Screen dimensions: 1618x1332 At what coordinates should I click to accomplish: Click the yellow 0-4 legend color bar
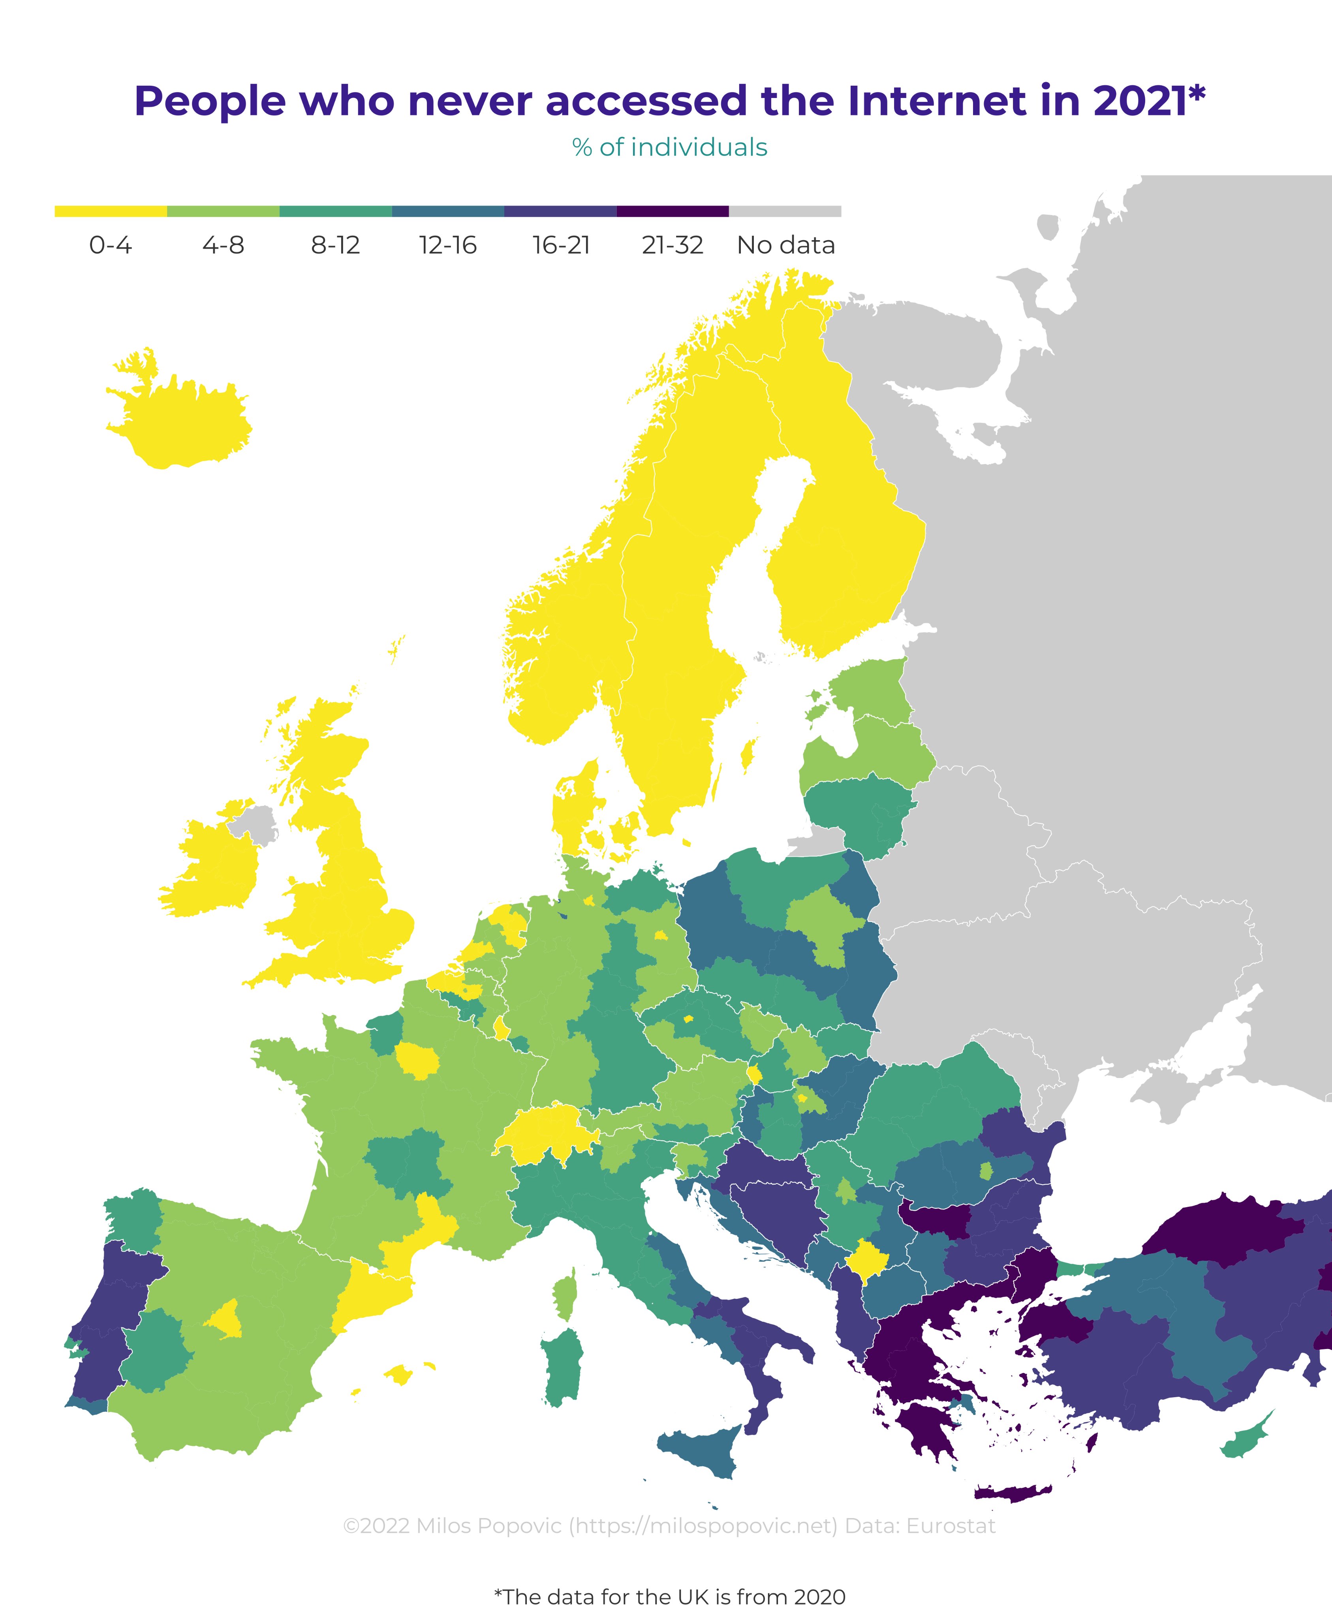[x=111, y=211]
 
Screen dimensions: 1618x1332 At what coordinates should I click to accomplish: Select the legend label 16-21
[x=561, y=246]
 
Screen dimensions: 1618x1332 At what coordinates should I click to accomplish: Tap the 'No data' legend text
[x=786, y=246]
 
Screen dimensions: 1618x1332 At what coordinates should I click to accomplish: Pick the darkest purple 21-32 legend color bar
[x=672, y=211]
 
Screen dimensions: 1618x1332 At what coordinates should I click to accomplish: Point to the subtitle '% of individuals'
[x=669, y=147]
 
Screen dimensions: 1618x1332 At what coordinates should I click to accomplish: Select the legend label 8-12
[x=335, y=246]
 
